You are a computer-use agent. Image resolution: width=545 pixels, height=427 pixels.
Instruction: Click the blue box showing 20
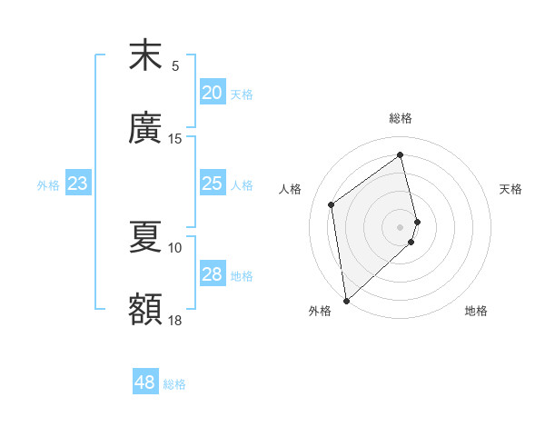coord(212,93)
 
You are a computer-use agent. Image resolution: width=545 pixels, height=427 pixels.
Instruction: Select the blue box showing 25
coord(212,184)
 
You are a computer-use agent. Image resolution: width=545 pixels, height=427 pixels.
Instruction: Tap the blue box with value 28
coord(212,274)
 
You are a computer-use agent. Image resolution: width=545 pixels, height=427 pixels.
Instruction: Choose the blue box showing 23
coord(77,184)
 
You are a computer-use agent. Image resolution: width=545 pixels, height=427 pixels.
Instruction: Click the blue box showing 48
coord(144,382)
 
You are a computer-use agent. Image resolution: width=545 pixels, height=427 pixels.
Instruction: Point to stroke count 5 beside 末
coord(175,65)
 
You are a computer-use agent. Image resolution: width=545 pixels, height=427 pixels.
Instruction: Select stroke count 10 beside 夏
coord(175,247)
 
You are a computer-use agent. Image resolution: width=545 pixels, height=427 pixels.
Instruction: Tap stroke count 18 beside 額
coord(175,320)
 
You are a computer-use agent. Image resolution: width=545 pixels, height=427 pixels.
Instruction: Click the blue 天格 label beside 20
coord(242,94)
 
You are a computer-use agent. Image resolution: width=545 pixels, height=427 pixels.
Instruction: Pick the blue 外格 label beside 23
coord(48,185)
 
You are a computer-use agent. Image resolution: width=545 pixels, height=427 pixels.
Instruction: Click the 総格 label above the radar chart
coord(401,118)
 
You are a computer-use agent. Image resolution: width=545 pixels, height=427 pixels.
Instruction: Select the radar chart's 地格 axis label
coord(476,311)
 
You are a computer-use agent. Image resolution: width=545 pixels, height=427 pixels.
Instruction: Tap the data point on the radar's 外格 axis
coord(346,300)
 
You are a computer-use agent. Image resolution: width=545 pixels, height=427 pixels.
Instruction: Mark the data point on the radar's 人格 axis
coord(332,204)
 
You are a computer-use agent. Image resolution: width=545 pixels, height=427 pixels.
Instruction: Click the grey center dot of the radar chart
coord(401,226)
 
